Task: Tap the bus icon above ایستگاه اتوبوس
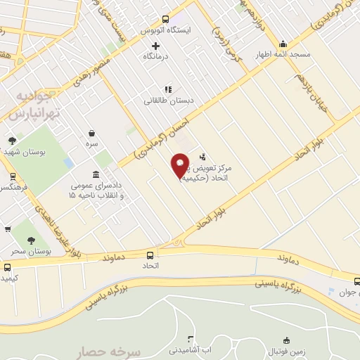pyautogui.click(x=165, y=20)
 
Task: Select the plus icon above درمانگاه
pyautogui.click(x=156, y=45)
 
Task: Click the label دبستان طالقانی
pyautogui.click(x=169, y=101)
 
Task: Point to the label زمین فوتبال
pyautogui.click(x=288, y=349)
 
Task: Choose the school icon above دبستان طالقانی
pyautogui.click(x=168, y=89)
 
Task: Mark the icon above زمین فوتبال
pyautogui.click(x=287, y=339)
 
